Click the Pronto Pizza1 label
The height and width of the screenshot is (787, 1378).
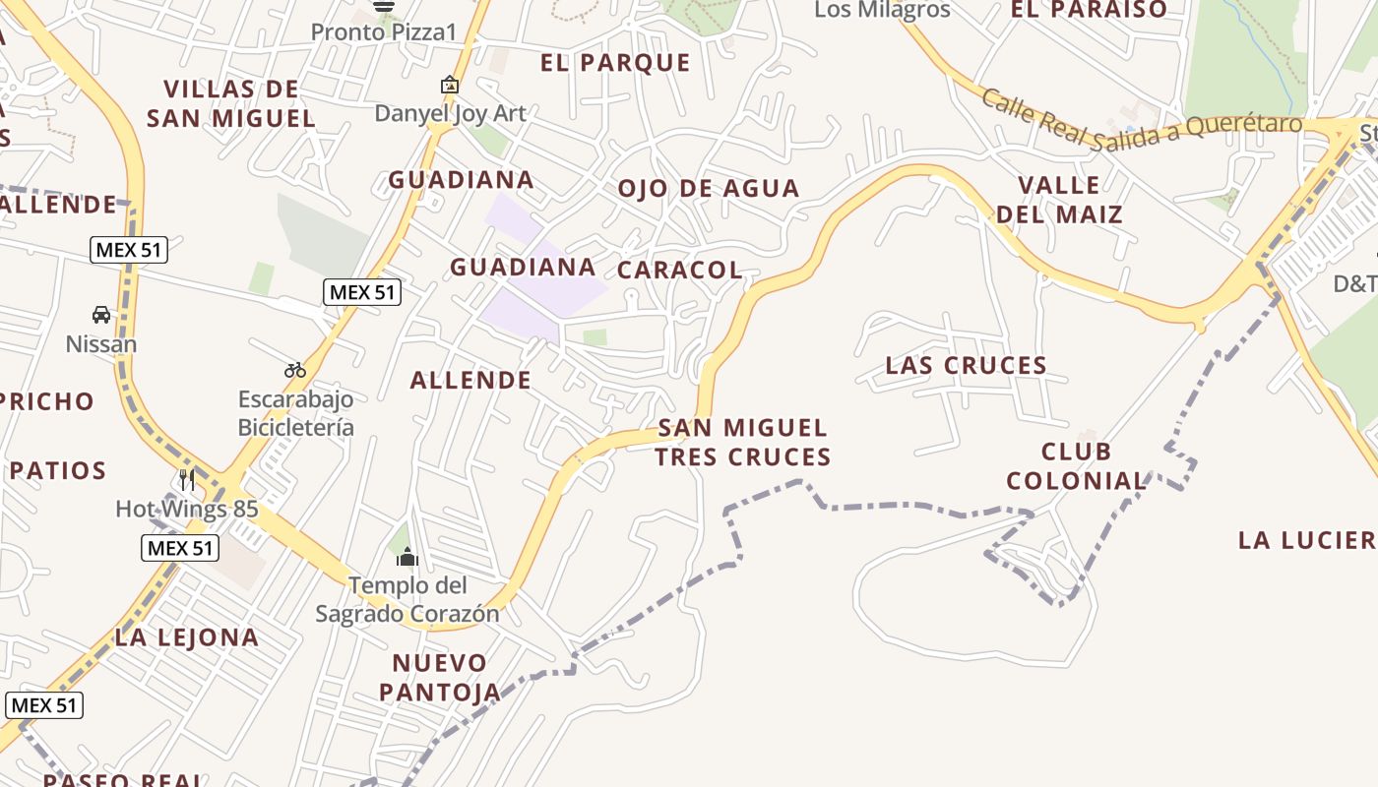(384, 31)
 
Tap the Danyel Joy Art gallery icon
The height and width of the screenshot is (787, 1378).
(450, 86)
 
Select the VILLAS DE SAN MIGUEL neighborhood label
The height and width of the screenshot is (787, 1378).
(231, 103)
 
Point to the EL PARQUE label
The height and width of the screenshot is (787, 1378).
(615, 63)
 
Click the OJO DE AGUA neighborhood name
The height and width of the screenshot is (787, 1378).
(708, 188)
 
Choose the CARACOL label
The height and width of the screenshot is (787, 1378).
(679, 270)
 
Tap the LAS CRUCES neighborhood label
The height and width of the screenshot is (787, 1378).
(966, 365)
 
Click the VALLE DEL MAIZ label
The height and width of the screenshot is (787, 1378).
(1059, 200)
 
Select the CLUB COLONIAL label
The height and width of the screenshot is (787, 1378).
(1077, 466)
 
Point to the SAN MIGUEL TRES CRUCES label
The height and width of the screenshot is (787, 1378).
(743, 442)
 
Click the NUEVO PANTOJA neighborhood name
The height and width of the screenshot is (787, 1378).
(440, 677)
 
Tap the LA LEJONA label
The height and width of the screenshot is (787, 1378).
(187, 636)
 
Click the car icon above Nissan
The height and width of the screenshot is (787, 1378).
(100, 315)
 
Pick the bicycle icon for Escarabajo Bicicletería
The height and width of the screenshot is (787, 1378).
(295, 370)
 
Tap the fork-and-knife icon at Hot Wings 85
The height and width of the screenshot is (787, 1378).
(187, 479)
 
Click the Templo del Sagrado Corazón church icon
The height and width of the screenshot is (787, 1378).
(407, 558)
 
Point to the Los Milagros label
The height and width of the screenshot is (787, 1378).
(882, 10)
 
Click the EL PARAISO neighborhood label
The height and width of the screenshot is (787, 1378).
(1089, 10)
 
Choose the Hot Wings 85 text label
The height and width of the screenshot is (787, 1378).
(187, 509)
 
